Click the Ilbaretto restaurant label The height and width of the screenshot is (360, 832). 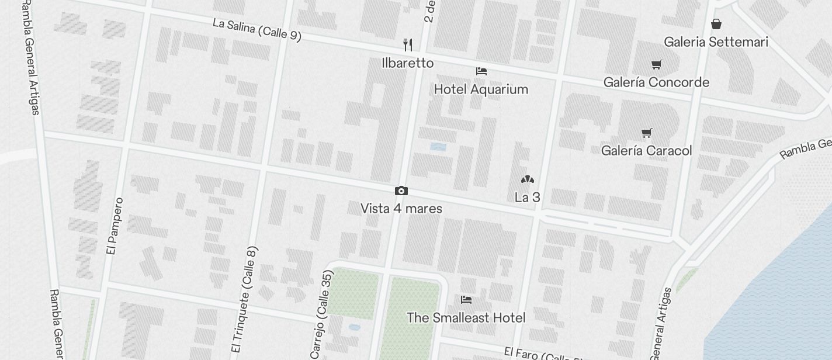(408, 63)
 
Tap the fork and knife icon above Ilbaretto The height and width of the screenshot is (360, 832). (408, 44)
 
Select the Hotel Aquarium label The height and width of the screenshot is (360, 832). (481, 89)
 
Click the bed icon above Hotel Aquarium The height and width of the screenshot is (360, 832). (481, 71)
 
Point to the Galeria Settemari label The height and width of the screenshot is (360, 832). (716, 42)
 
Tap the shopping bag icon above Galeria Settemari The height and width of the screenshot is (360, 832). (716, 24)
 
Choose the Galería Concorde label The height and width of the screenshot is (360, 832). (656, 82)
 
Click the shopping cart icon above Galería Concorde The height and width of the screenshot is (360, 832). (657, 64)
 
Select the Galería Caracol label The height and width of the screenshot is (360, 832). (646, 151)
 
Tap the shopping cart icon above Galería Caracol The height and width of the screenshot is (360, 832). (646, 133)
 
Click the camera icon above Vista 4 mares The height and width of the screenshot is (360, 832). (401, 191)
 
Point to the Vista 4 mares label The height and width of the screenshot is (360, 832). (401, 209)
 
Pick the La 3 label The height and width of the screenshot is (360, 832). (527, 198)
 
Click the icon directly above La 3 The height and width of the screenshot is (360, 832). (527, 179)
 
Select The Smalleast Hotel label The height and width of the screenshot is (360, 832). (466, 318)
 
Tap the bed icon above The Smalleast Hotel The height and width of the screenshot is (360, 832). (466, 300)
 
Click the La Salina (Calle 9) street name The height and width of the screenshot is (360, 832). (257, 30)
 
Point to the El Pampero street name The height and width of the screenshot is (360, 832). (115, 226)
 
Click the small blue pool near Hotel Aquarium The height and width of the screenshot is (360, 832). (438, 147)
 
